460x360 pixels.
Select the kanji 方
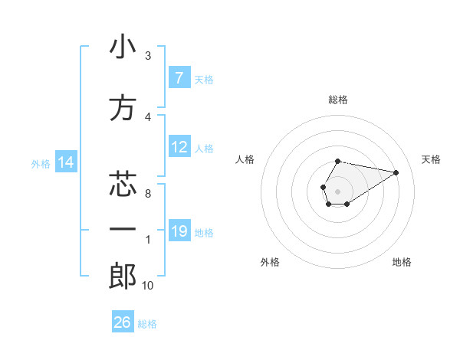[122, 108]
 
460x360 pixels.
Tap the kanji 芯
[122, 185]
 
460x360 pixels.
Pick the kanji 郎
[122, 277]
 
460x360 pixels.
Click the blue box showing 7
[179, 78]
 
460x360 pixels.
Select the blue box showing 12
[179, 147]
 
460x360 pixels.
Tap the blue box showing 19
[179, 231]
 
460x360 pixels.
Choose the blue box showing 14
[65, 162]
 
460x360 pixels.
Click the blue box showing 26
[123, 322]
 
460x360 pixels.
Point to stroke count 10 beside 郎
[147, 286]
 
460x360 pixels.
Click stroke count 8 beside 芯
[147, 194]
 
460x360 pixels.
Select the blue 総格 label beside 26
[147, 324]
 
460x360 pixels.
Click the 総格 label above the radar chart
[337, 100]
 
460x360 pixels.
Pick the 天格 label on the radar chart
[431, 159]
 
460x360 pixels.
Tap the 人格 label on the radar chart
[245, 159]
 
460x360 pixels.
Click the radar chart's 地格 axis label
[402, 262]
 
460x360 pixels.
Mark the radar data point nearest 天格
[396, 172]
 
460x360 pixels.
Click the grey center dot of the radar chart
[337, 190]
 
